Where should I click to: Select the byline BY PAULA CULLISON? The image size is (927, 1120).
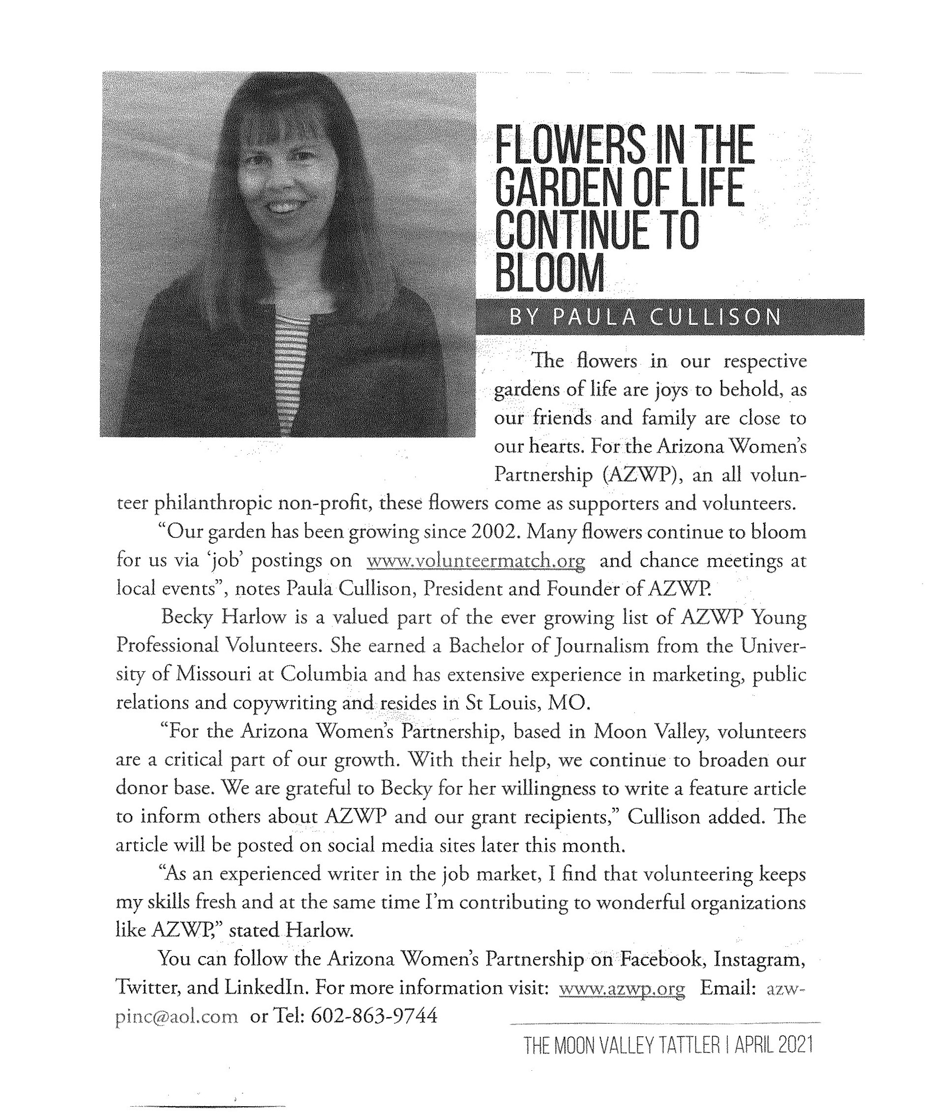point(646,317)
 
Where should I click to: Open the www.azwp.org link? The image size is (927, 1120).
point(622,988)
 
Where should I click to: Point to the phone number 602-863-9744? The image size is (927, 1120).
point(373,1016)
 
